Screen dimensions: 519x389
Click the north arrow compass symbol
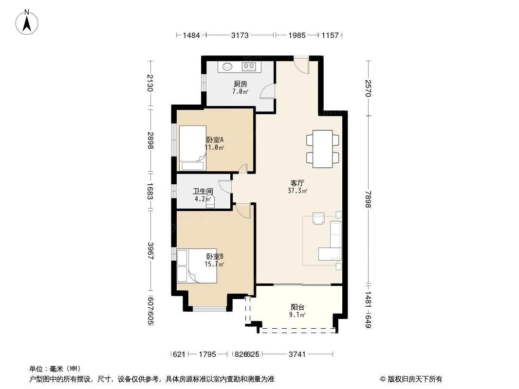[x=27, y=22]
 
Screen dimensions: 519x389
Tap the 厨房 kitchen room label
[x=241, y=84]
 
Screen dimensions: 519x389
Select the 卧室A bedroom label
[x=215, y=140]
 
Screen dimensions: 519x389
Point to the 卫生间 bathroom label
[x=203, y=192]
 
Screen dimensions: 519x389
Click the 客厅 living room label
[x=297, y=183]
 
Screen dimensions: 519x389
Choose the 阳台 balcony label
[x=297, y=307]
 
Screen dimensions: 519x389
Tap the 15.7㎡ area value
[x=214, y=264]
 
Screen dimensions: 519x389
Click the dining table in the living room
[x=323, y=149]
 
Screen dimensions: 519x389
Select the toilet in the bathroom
[x=210, y=202]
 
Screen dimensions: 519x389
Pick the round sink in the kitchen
[x=227, y=67]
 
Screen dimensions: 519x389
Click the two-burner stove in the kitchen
[x=249, y=67]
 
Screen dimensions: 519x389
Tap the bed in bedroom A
[x=193, y=148]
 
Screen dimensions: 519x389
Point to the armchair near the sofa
[x=318, y=218]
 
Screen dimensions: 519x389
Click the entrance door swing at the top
[x=301, y=65]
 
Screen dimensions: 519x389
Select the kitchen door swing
[x=267, y=91]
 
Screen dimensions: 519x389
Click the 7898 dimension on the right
[x=368, y=200]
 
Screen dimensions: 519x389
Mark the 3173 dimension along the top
[x=240, y=35]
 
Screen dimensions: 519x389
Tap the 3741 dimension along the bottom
[x=297, y=354]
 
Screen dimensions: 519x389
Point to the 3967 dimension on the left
[x=150, y=251]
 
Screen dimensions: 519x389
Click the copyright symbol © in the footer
[x=383, y=379]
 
